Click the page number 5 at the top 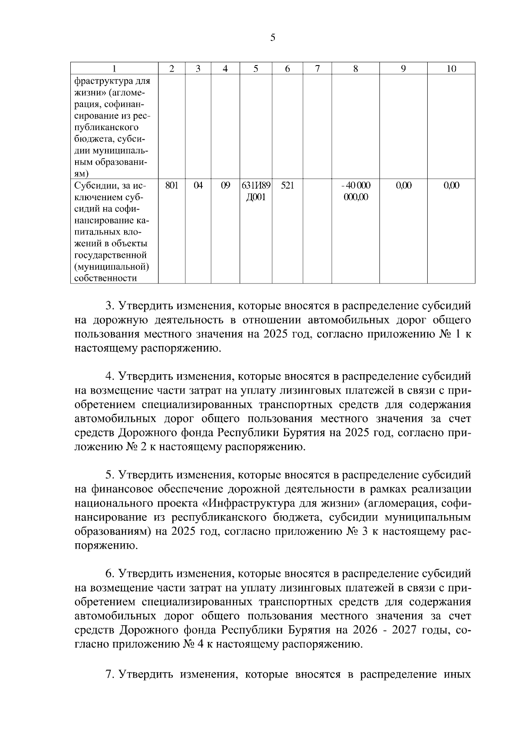coord(272,38)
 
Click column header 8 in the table coord(356,69)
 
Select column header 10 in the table coord(451,69)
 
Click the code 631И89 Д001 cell coord(256,191)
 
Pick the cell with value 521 coord(287,186)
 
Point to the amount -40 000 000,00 coord(356,191)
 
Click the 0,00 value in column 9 coord(403,186)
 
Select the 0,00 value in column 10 coord(451,186)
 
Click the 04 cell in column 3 coord(198,186)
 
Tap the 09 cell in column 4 coord(225,186)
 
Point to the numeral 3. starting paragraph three coord(110,306)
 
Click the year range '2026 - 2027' coord(389,630)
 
